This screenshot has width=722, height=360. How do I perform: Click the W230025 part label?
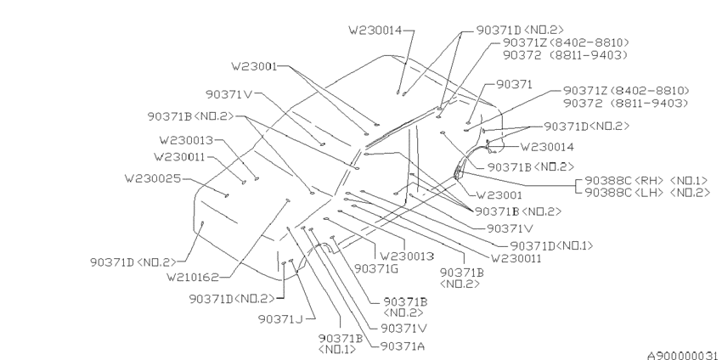click(152, 178)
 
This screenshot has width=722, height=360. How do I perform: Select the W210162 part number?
click(193, 277)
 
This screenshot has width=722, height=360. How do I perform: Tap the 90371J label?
click(280, 318)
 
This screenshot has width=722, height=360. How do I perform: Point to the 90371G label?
click(375, 268)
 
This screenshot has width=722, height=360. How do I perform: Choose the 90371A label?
click(403, 346)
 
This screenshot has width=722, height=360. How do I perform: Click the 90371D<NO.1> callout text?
click(551, 246)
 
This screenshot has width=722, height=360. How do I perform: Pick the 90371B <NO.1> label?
click(341, 343)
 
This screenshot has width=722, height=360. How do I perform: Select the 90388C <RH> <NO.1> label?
click(646, 180)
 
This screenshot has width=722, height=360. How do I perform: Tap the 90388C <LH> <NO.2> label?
click(647, 193)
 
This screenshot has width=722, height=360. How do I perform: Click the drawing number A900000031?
click(683, 355)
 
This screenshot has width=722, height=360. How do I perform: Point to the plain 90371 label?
click(515, 84)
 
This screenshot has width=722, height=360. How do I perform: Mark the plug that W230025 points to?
click(227, 195)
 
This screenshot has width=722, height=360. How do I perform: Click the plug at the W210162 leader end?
click(288, 200)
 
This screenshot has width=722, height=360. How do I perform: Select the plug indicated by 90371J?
click(291, 261)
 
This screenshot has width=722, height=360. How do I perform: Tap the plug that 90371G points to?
click(326, 219)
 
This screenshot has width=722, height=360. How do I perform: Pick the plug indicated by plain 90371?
click(468, 123)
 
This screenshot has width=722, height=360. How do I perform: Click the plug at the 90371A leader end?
click(311, 229)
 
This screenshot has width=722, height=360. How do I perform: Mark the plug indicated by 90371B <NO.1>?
click(288, 228)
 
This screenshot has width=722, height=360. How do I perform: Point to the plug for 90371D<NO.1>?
click(363, 191)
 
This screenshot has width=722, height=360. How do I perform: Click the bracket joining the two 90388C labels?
click(578, 187)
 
